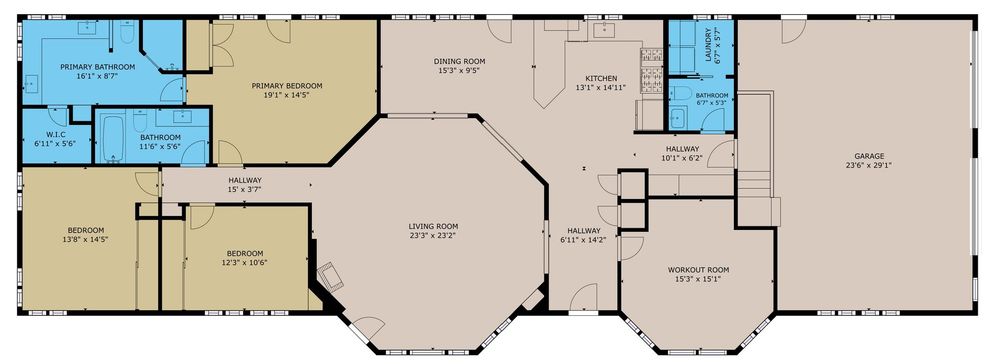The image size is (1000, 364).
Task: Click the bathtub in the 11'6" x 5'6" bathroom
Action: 113,137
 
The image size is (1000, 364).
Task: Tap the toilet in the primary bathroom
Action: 128,33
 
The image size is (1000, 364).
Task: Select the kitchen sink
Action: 602,29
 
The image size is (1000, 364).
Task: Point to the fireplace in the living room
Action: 332,275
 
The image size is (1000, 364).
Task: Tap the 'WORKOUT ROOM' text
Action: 698,270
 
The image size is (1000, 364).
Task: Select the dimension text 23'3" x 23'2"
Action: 434,235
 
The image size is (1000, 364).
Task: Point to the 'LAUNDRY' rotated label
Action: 708,45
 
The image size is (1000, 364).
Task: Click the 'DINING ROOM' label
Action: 460,61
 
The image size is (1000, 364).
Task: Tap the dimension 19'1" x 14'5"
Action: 286,95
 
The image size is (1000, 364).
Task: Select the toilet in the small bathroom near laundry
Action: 681,94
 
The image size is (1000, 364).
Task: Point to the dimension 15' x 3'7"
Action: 245,189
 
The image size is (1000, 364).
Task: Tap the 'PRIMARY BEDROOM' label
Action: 286,86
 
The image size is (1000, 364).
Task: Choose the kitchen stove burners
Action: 652,71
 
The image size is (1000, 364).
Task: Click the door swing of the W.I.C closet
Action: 58,116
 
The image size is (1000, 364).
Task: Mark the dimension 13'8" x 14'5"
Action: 85,240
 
